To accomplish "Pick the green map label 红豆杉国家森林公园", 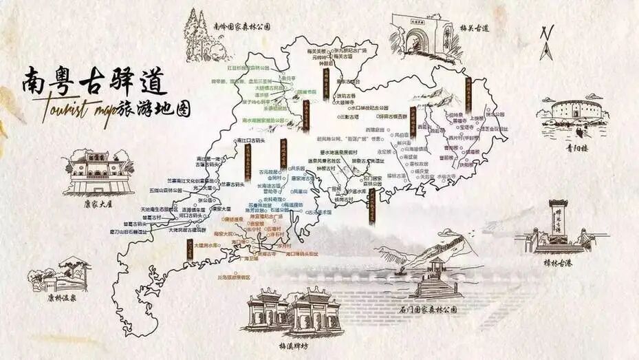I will [252, 67].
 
